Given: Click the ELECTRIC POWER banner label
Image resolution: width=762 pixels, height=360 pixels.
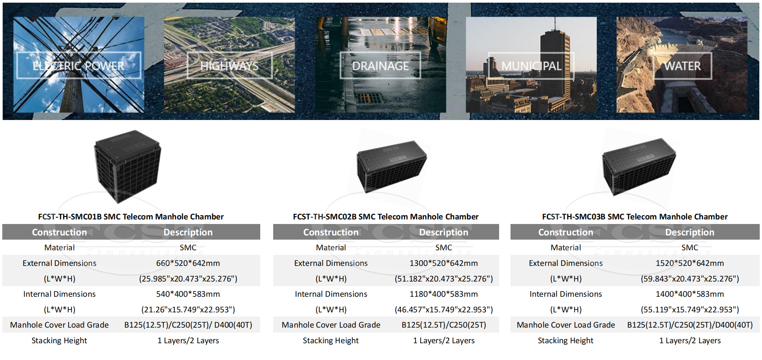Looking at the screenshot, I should coord(78,66).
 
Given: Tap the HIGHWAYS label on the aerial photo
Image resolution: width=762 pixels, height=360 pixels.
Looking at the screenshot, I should coord(229,66).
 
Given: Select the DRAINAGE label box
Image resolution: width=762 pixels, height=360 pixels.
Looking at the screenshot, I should coord(380,66).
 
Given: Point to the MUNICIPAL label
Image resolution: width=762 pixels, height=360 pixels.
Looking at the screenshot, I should coord(531,66).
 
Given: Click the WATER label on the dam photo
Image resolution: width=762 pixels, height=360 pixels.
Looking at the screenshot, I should coord(682,66).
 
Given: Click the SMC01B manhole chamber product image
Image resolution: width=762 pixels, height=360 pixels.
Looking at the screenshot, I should coord(128,166).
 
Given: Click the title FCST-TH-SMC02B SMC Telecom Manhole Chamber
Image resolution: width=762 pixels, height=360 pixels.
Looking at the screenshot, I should coord(386,217).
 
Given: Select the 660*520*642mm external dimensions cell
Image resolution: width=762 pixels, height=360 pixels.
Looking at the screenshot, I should coord(188,263).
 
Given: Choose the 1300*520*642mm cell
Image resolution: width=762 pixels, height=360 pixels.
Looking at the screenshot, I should coord(443,263).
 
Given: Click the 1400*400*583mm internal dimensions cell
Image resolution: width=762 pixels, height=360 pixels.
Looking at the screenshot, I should coord(690,294).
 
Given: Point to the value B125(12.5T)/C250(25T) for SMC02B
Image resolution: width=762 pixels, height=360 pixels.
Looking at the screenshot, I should coord(443,325).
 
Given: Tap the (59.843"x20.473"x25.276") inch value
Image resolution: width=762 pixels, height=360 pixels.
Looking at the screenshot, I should coord(690,279).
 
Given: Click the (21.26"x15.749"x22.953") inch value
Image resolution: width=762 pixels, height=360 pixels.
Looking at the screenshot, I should coord(188,310).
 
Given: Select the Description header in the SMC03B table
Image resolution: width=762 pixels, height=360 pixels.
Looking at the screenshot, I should coord(690,232).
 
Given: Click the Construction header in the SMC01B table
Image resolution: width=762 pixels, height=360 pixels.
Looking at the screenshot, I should coord(59,232).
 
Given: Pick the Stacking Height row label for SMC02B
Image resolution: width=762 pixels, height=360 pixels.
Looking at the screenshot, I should coord(331,341).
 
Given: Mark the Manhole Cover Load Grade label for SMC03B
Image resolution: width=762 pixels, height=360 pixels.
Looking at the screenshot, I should coord(566,325).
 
